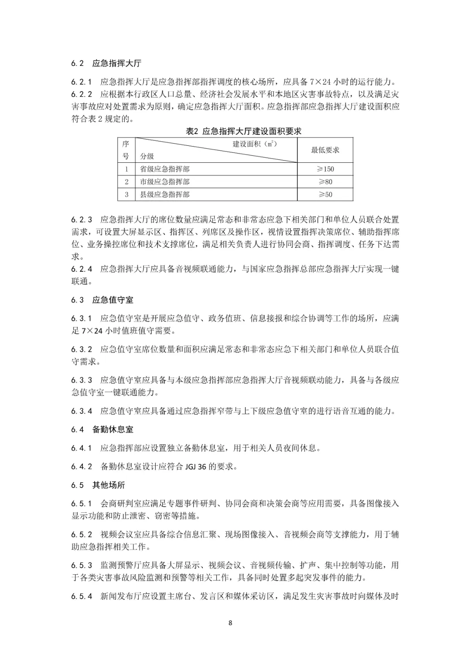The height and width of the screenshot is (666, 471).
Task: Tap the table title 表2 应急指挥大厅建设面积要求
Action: (x=243, y=131)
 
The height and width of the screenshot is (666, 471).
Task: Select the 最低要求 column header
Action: (x=325, y=150)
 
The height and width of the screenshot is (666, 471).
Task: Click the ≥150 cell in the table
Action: (x=325, y=169)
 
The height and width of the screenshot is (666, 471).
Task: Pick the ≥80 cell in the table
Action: (x=325, y=182)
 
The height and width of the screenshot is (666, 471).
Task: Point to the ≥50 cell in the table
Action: (x=325, y=195)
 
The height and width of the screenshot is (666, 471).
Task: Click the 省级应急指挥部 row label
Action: (x=164, y=169)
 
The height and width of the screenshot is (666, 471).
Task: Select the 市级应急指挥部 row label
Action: (x=164, y=182)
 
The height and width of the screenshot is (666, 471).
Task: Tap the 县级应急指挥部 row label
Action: (x=164, y=195)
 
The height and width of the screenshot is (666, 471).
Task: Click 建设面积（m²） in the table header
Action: (x=255, y=144)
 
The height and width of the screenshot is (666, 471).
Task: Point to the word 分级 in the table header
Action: (x=147, y=157)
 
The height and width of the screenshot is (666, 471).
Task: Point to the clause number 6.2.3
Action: (x=82, y=220)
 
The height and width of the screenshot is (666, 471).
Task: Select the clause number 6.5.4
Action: (x=82, y=596)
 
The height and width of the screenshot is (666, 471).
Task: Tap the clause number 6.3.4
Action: (x=82, y=411)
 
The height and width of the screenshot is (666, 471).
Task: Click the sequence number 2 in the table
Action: (x=126, y=182)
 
